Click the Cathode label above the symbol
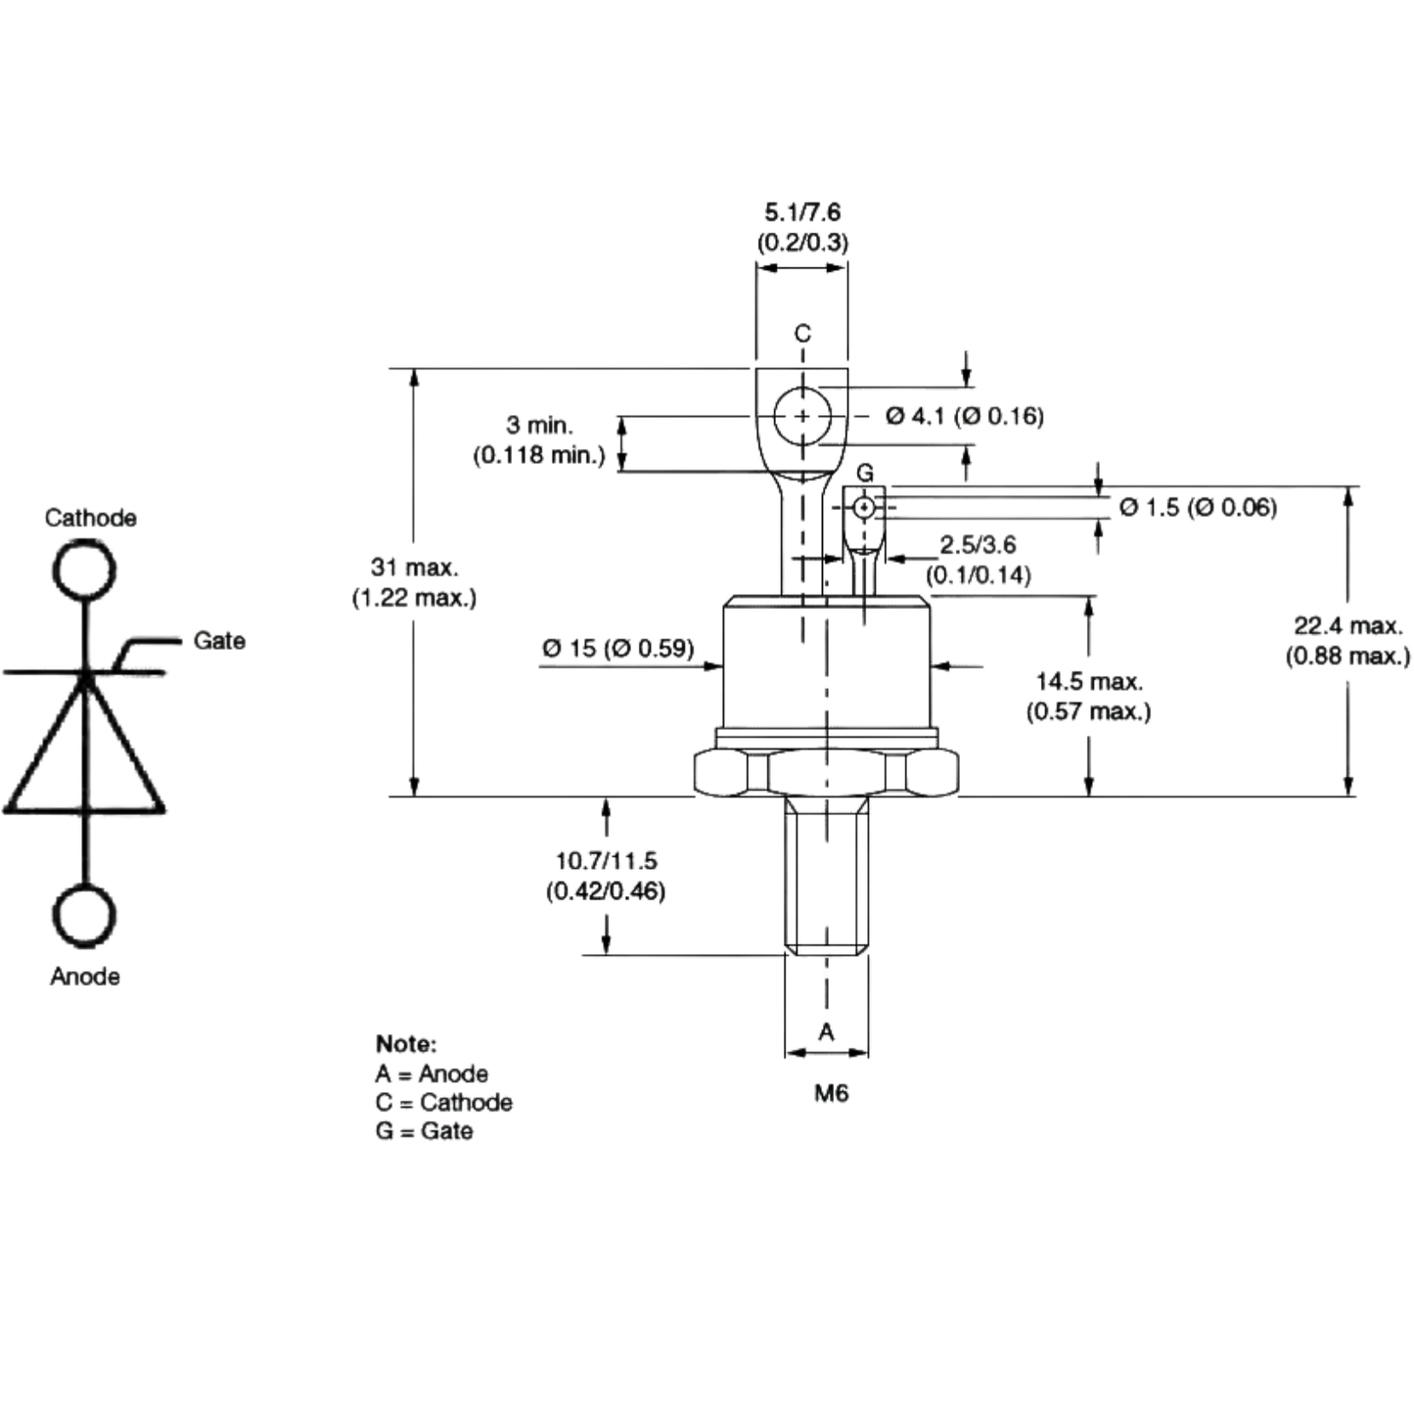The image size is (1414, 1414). click(90, 518)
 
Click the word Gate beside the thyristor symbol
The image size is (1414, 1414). click(218, 641)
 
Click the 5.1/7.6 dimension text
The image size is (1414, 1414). click(802, 212)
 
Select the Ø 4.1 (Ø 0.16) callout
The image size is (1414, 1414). click(964, 417)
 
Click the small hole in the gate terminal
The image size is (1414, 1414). click(864, 506)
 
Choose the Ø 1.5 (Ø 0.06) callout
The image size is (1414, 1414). click(1198, 507)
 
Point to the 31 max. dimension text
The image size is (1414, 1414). click(415, 568)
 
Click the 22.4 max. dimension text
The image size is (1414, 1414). click(1348, 626)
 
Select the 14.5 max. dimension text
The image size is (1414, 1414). click(1089, 682)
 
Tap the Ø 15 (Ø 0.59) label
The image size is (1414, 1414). click(617, 649)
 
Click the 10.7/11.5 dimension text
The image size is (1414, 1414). click(606, 860)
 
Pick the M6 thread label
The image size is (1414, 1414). click(831, 1094)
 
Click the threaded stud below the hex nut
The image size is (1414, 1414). click(826, 876)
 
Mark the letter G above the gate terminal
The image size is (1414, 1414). click(865, 474)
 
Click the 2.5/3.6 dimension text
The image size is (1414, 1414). click(978, 544)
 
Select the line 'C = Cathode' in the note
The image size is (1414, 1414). click(444, 1102)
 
